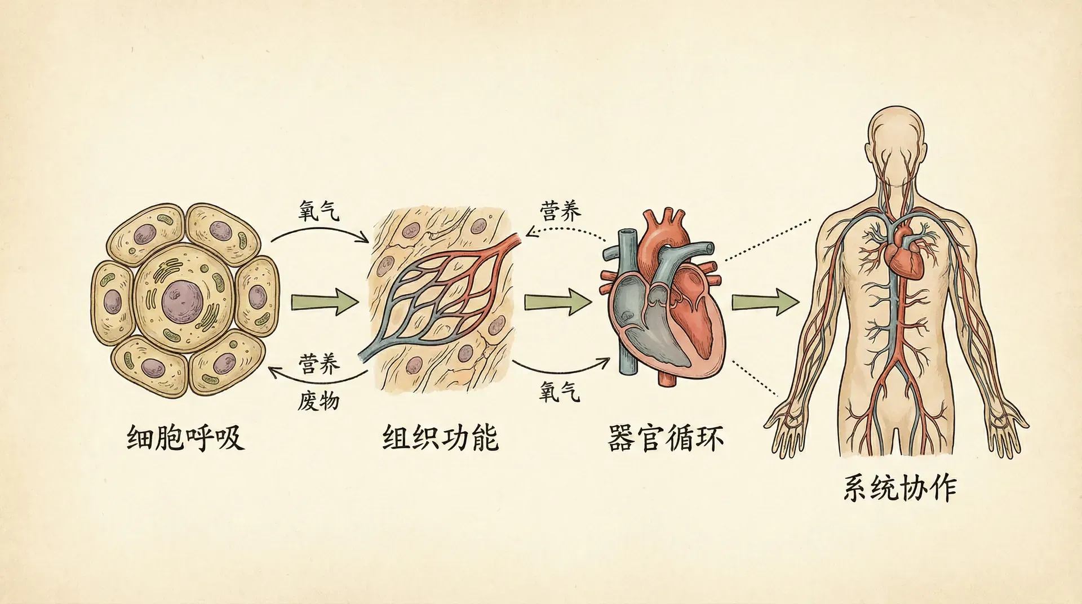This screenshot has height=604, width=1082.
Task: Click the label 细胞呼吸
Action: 185,438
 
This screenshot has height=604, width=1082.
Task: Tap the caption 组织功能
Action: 440,438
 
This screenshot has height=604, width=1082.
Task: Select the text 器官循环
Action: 666,438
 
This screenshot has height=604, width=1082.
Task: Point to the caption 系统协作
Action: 900,488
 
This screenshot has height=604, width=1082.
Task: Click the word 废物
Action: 318,401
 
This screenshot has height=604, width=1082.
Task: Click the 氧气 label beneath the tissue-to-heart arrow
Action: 559,391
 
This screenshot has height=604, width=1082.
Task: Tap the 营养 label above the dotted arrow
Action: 560,211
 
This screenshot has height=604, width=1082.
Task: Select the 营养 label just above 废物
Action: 320,364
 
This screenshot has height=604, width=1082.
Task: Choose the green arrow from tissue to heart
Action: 558,303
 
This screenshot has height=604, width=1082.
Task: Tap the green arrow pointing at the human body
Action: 765,303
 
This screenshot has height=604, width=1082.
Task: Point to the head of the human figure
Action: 895,135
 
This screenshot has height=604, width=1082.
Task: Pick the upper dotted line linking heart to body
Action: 766,240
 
